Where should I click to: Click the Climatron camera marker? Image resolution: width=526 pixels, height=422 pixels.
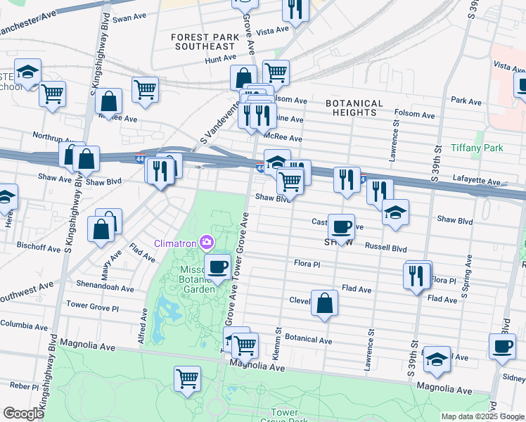pos(206,243)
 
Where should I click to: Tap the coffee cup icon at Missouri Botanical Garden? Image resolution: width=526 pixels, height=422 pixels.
pos(217,267)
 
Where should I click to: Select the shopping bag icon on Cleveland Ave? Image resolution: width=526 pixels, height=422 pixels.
pos(324,303)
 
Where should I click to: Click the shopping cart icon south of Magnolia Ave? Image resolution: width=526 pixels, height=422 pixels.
pos(188,378)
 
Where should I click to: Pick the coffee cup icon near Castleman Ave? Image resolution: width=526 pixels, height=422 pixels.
pos(342,226)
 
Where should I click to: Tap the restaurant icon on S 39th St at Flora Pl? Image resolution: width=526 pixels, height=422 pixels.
pos(417,275)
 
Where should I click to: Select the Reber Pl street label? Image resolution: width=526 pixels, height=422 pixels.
pos(24,386)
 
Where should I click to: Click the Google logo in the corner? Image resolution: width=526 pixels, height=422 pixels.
pos(23,414)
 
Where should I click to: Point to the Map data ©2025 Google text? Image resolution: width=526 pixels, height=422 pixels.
pos(482,416)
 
